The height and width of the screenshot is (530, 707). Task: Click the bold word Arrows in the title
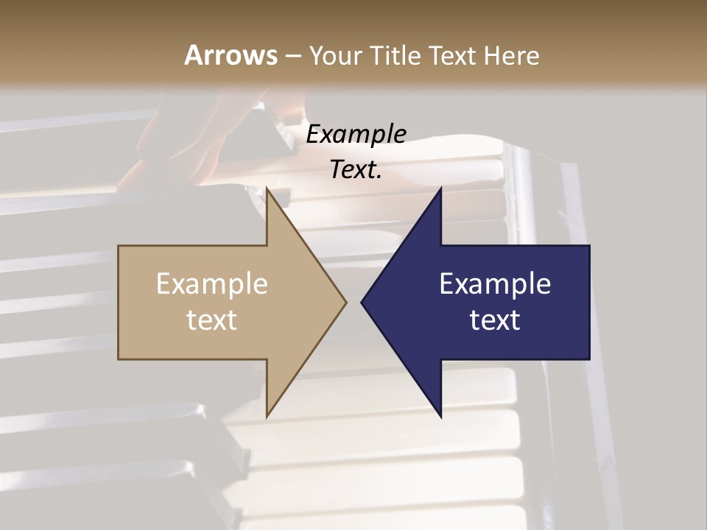231,55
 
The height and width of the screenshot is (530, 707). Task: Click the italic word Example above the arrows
356,134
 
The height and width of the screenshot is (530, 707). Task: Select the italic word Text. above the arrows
356,170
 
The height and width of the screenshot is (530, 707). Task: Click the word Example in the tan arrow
212,284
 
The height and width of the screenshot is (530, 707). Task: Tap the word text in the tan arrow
212,320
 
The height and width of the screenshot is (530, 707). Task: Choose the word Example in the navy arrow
495,284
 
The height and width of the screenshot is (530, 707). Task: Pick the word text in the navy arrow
495,320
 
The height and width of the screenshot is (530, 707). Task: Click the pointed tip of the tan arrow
344,302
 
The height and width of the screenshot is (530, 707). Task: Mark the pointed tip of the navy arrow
364,302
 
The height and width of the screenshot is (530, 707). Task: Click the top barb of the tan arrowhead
268,193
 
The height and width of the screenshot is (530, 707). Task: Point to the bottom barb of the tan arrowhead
268,412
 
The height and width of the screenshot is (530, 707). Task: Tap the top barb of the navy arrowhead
440,193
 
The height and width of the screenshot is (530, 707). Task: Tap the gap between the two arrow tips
353,302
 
